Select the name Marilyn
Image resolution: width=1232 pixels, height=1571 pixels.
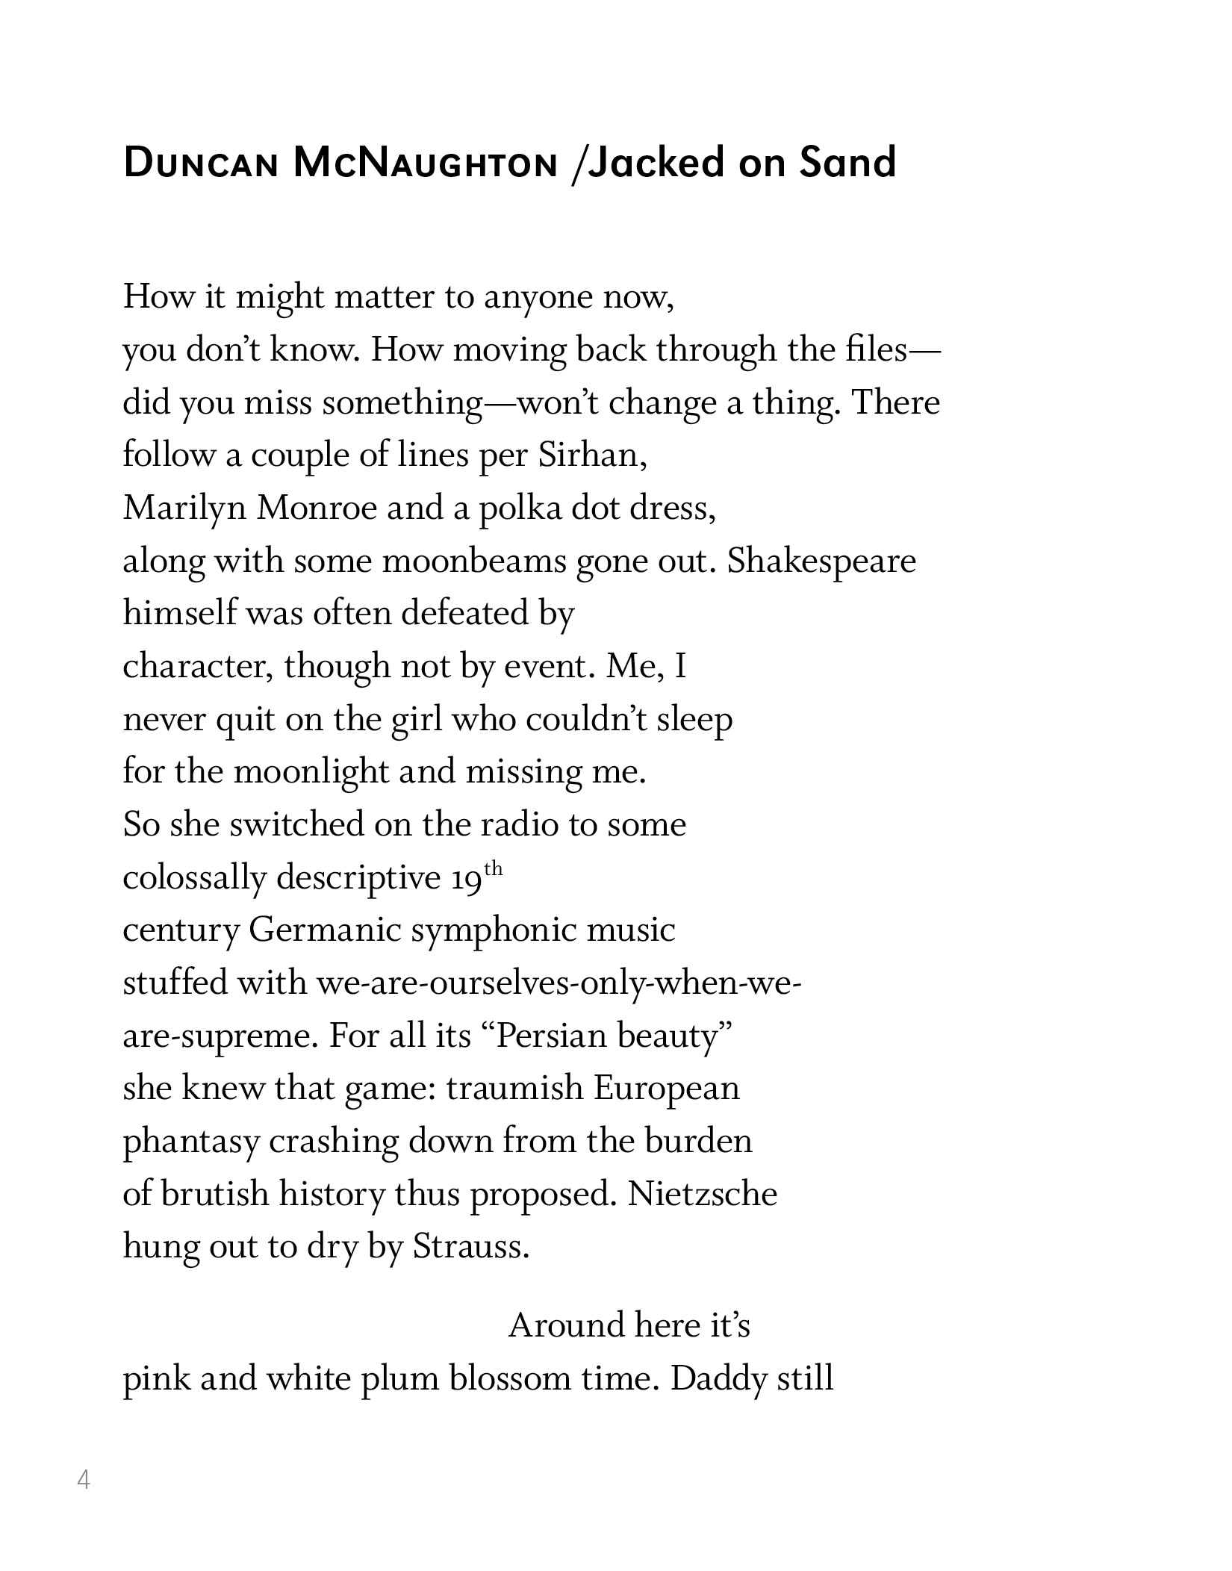point(184,508)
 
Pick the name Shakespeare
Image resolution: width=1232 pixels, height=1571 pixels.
point(821,561)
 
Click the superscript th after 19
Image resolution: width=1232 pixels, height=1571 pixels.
point(494,869)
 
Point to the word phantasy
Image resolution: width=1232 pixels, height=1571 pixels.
point(191,1142)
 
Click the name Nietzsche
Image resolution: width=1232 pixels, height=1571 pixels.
point(703,1194)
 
